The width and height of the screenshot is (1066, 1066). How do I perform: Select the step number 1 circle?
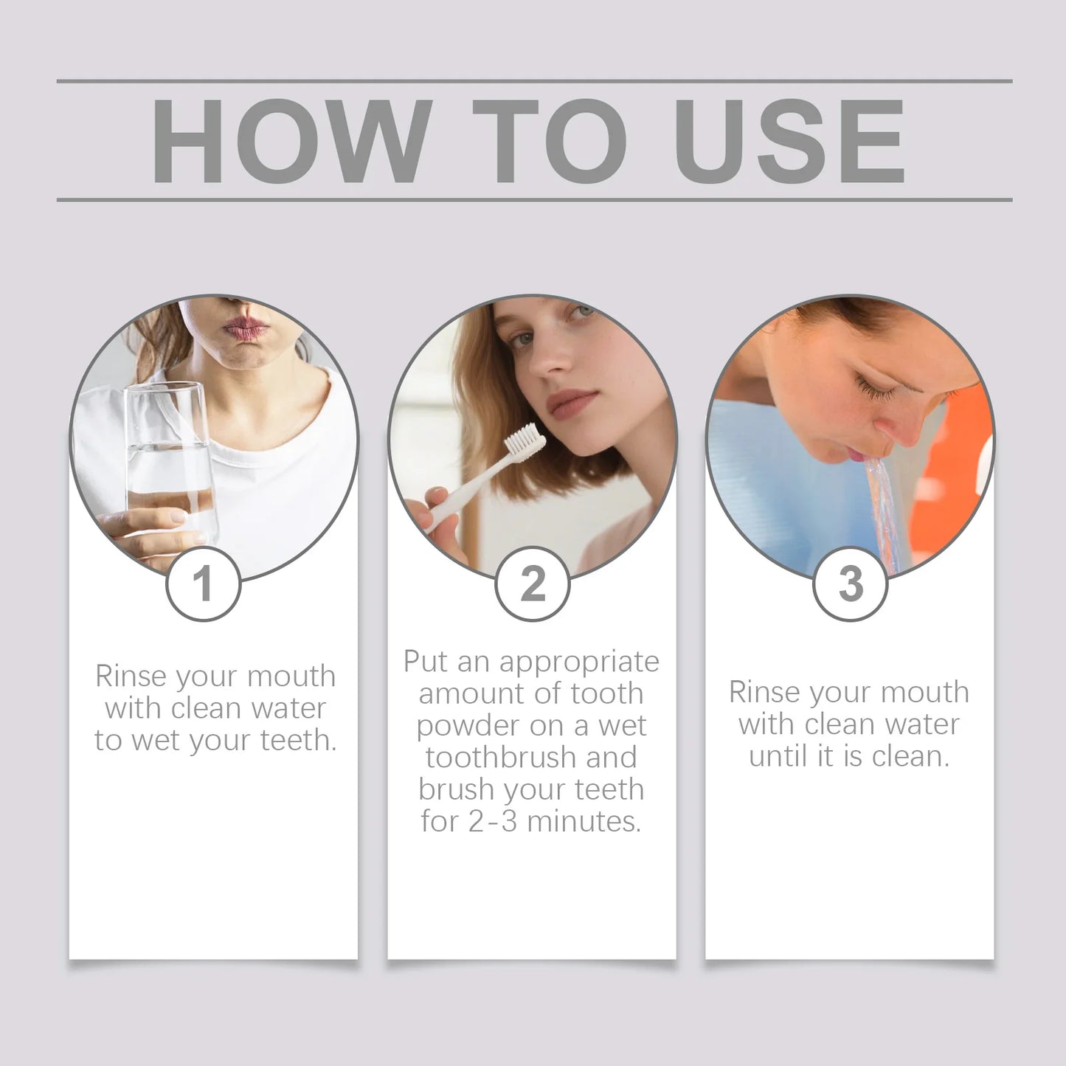[204, 583]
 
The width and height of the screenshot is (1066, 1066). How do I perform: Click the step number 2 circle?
[533, 583]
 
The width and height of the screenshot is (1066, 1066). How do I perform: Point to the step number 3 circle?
[851, 583]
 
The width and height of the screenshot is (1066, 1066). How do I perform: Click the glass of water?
[170, 470]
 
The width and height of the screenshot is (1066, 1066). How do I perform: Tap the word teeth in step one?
[299, 741]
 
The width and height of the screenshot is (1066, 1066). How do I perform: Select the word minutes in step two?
[584, 822]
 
